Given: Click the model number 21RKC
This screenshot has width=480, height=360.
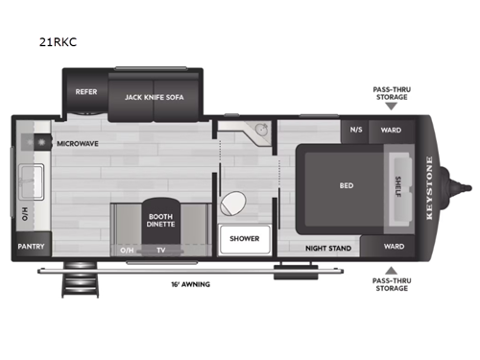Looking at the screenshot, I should pos(59,42).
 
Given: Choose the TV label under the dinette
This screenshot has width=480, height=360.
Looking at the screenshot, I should pos(161,250).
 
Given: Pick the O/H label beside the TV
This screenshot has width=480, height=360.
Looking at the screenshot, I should pos(128,250).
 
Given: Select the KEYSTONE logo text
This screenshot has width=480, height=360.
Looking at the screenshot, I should pos(429,187).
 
